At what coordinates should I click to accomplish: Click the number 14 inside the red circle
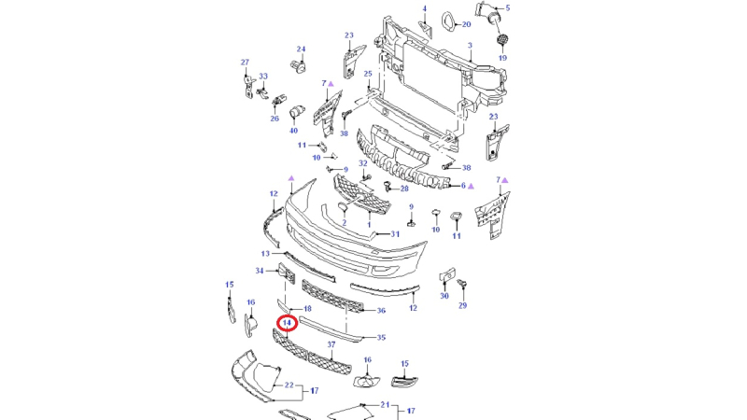pos(287,322)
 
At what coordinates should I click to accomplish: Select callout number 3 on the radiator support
pos(471,45)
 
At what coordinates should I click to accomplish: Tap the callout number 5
pos(508,8)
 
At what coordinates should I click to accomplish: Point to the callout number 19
pos(501,57)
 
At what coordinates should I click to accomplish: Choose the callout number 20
pos(466,24)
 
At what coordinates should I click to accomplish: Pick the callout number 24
pos(302,49)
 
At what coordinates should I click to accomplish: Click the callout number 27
pos(246,63)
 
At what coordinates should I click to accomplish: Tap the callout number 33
pos(263,76)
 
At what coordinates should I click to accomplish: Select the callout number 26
pos(275,119)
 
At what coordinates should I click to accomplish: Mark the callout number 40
pos(293,131)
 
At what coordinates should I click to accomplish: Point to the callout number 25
pos(368,74)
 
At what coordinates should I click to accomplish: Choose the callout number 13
pos(265,253)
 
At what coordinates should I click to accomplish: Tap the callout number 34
pos(261,271)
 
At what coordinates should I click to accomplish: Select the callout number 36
pos(381,311)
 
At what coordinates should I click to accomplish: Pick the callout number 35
pos(381,337)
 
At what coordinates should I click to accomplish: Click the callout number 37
pos(331,345)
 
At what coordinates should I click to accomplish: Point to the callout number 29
pos(462,305)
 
